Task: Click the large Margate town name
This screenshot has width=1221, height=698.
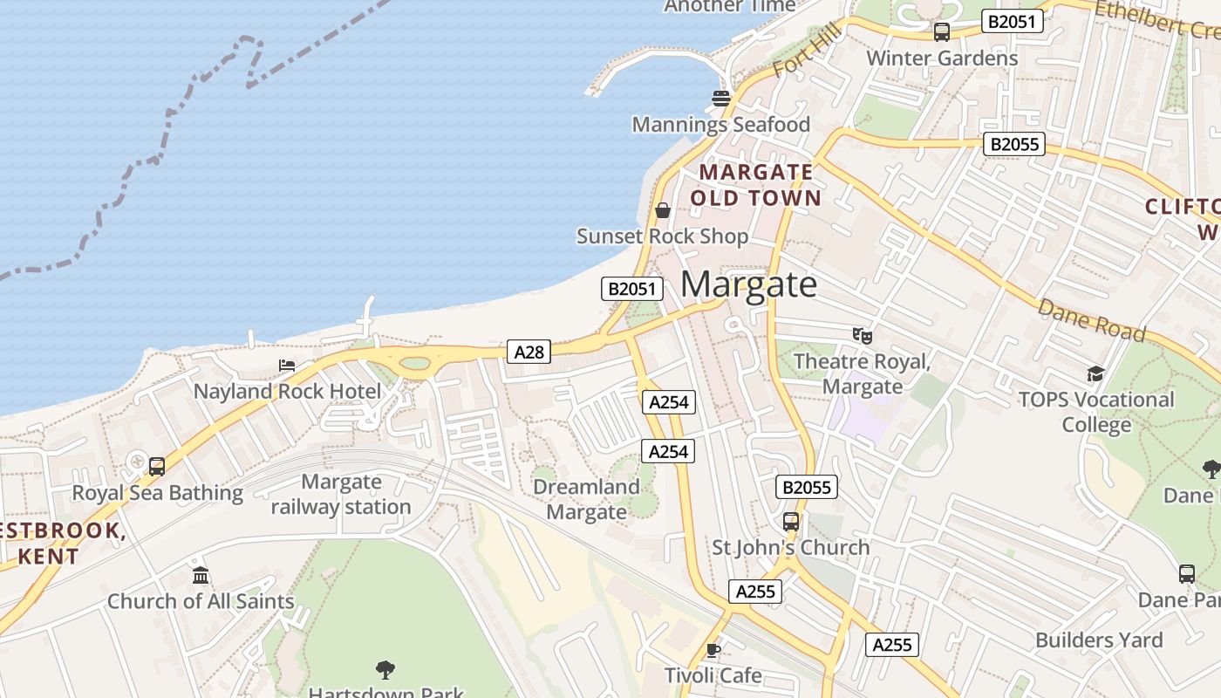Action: coord(748,284)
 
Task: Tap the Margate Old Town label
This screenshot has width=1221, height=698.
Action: coord(755,185)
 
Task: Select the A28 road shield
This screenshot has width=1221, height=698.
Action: coord(529,352)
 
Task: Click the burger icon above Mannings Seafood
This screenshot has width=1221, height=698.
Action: coord(720,99)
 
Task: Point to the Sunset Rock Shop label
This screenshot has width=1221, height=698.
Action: coord(662,236)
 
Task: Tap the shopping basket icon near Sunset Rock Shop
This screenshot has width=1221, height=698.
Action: coord(663,209)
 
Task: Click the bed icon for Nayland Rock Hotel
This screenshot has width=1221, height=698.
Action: coord(287,365)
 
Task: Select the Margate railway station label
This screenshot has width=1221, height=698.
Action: coord(341,494)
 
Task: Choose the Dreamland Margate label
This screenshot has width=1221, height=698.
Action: coord(586,499)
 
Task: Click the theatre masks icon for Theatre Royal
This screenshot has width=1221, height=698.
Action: coord(863,335)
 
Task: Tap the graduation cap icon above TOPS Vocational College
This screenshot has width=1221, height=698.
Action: coord(1095,374)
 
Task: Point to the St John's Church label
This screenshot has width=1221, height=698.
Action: coord(791,548)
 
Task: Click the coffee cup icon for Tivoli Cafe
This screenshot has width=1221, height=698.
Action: coord(713,650)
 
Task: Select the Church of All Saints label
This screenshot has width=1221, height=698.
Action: coord(201,601)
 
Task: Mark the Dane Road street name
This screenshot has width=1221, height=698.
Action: coord(1091,320)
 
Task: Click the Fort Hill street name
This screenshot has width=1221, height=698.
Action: coord(808,51)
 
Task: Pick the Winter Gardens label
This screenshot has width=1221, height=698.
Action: coord(942,58)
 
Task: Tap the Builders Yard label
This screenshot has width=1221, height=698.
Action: coord(1099,640)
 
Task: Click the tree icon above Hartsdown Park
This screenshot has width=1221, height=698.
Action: coord(385,670)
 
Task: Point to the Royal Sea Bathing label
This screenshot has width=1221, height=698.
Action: coord(157,493)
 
